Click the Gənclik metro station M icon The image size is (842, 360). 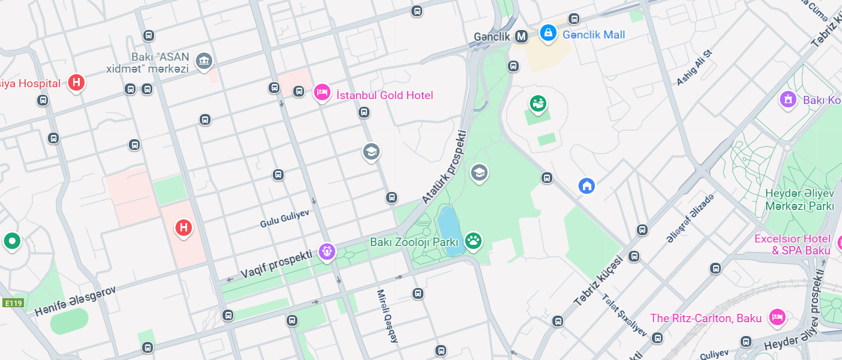pyautogui.click(x=522, y=37)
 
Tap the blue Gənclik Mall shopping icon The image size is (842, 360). pyautogui.click(x=548, y=33)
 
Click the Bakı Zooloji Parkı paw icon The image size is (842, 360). pyautogui.click(x=473, y=241)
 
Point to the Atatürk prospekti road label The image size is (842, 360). pyautogui.click(x=444, y=167)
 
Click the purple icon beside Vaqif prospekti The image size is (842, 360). pyautogui.click(x=326, y=251)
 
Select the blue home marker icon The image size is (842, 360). pyautogui.click(x=587, y=185)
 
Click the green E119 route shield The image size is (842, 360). pyautogui.click(x=13, y=304)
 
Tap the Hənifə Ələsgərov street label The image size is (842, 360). pyautogui.click(x=74, y=301)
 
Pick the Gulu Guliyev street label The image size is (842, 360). pyautogui.click(x=284, y=219)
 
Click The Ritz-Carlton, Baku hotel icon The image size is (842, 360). pyautogui.click(x=777, y=316)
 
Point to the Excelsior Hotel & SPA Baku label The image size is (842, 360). pyautogui.click(x=792, y=245)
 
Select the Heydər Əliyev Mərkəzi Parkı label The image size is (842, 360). pyautogui.click(x=799, y=200)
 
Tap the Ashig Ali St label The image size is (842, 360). pyautogui.click(x=694, y=67)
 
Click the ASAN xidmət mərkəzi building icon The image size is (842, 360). pyautogui.click(x=205, y=60)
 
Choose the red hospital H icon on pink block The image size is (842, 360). pyautogui.click(x=184, y=227)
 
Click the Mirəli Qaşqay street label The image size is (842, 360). pyautogui.click(x=387, y=316)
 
